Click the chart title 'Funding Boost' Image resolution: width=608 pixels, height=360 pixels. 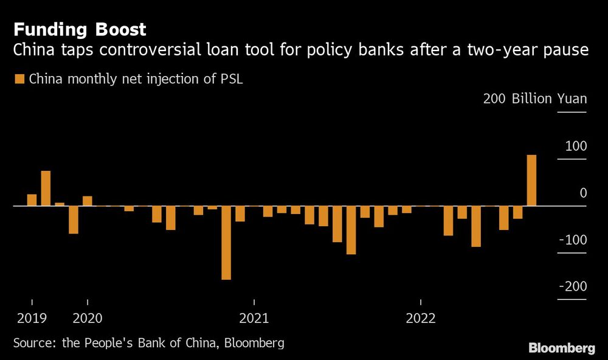tap(80, 29)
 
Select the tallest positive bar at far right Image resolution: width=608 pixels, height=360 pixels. tap(531, 181)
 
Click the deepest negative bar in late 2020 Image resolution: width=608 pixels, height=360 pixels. tap(226, 243)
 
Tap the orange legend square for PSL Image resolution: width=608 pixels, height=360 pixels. tap(19, 79)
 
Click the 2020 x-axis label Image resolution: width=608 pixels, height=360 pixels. tap(88, 317)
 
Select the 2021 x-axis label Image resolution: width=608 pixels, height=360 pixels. tap(254, 317)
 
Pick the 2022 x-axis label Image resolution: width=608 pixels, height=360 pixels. tap(421, 317)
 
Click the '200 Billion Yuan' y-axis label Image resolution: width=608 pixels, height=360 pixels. tap(534, 99)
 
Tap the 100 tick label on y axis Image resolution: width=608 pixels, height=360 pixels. tap(575, 146)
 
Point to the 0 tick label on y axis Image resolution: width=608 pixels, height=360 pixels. tap(582, 193)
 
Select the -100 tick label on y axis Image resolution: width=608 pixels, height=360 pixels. tap(572, 240)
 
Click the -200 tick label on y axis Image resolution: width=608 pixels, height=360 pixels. tap(572, 287)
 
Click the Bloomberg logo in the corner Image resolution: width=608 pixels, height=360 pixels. tap(561, 348)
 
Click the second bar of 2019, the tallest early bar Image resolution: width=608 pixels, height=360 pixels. tap(46, 189)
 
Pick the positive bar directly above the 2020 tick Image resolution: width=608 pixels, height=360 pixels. tap(88, 201)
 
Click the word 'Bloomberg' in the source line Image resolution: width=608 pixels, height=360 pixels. tap(254, 343)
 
